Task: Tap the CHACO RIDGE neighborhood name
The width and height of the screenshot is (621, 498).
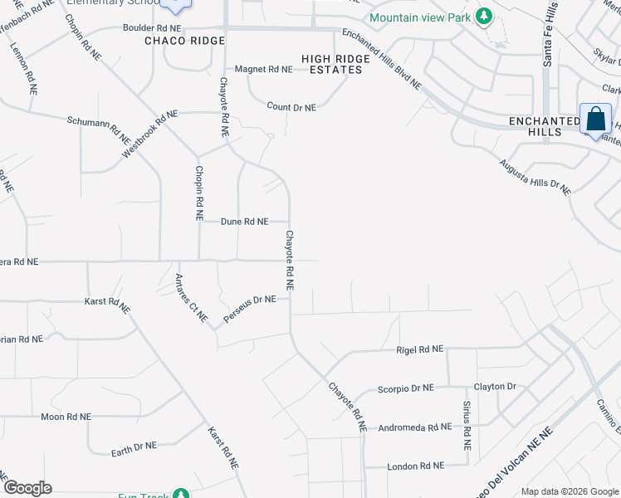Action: click(x=184, y=41)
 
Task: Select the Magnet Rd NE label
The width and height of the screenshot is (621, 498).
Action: click(x=264, y=70)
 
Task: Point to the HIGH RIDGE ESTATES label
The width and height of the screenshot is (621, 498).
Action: click(x=332, y=64)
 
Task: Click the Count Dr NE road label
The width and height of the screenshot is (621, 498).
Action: click(x=291, y=108)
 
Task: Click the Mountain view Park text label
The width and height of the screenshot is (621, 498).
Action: click(x=419, y=17)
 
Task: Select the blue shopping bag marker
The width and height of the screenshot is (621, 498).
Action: click(x=596, y=120)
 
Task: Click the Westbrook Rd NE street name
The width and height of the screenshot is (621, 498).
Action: click(x=150, y=134)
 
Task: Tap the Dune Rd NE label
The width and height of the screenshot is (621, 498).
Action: click(x=245, y=222)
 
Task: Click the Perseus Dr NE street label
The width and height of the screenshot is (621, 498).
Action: click(x=248, y=310)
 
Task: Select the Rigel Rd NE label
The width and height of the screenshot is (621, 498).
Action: click(x=420, y=350)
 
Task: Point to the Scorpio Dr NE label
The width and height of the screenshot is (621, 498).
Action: click(x=406, y=388)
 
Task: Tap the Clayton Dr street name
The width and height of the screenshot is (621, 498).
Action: click(x=495, y=387)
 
